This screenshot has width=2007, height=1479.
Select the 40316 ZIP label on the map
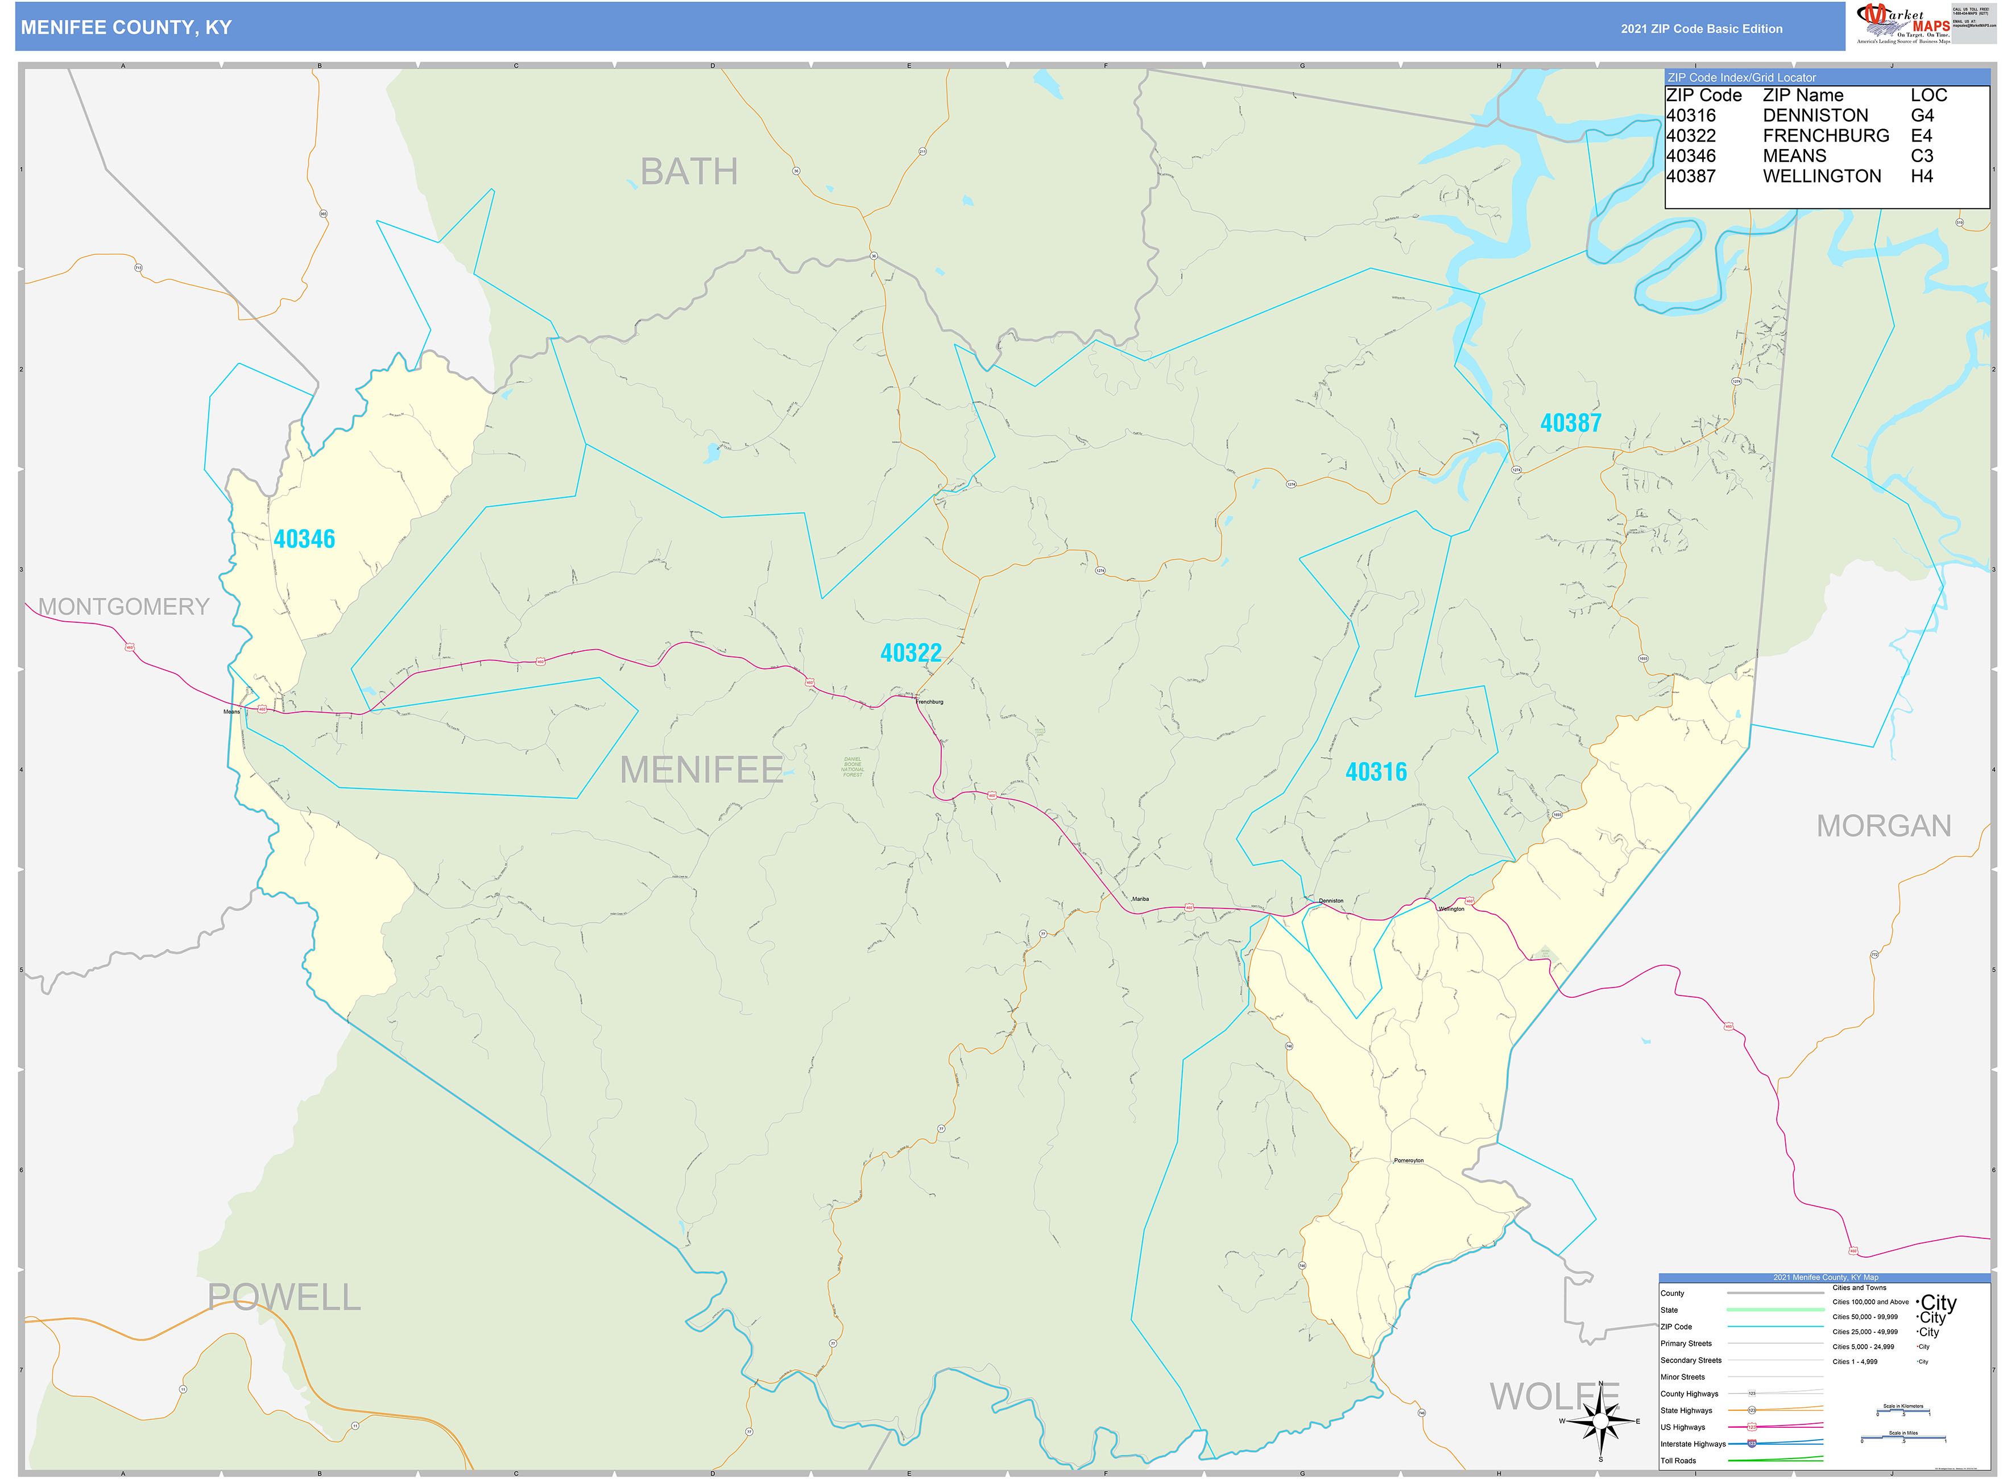click(x=1375, y=772)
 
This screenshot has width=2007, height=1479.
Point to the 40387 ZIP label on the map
click(x=1570, y=423)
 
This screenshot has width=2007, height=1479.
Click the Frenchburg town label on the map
click(x=929, y=702)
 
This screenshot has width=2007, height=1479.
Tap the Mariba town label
click(x=1140, y=899)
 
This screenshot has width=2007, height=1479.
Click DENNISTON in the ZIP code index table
click(x=1815, y=115)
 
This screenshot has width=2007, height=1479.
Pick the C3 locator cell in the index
click(x=1921, y=156)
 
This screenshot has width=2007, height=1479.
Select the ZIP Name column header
click(x=1802, y=95)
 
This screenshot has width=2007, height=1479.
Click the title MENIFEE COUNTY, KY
click(x=126, y=28)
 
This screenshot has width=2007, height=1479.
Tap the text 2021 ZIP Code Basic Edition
click(x=1701, y=28)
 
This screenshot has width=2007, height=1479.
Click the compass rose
click(x=1600, y=1421)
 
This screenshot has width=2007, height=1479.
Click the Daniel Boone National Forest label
click(x=852, y=767)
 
